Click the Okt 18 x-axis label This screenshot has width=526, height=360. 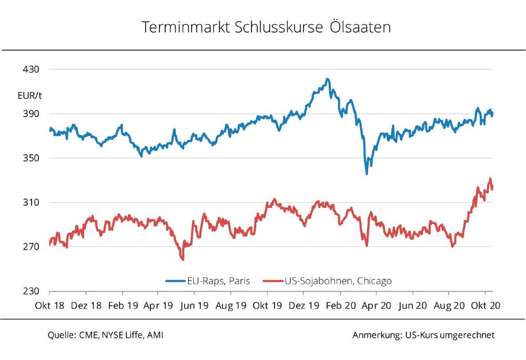tap(49, 305)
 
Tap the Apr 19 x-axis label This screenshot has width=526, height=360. tap(158, 305)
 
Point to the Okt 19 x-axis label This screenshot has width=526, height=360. tap(267, 305)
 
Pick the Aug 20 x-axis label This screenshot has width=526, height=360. tap(449, 305)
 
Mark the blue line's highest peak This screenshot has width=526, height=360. tap(327, 79)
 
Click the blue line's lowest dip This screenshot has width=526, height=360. tap(367, 174)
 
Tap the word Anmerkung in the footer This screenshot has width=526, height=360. tap(376, 335)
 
